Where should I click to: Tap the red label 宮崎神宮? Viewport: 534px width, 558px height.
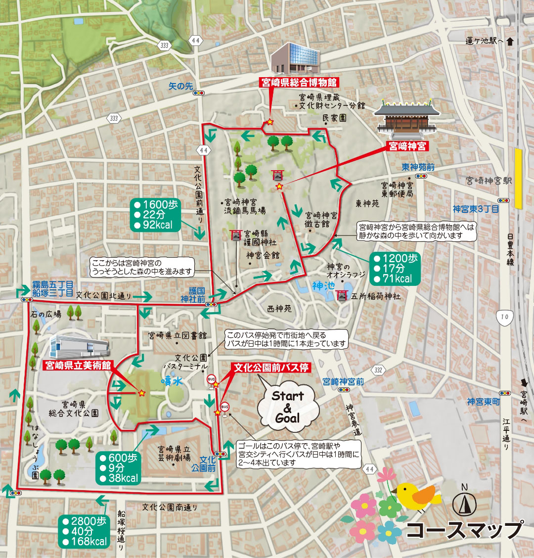[x=407, y=146]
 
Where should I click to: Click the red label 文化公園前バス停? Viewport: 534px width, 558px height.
[x=271, y=368]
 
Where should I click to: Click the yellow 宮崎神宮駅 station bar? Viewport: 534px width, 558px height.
[x=518, y=178]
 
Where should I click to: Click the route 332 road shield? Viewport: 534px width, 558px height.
[x=379, y=370]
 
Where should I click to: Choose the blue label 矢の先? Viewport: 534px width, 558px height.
[x=180, y=86]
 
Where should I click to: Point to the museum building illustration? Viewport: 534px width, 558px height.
[x=296, y=58]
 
